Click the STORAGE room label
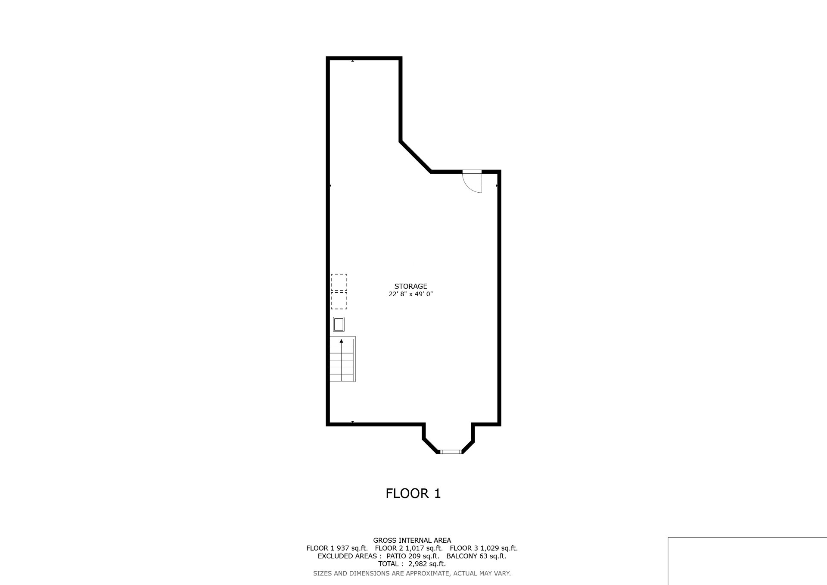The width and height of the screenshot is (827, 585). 410,286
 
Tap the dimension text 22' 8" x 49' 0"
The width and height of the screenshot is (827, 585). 410,294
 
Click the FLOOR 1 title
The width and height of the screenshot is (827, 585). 413,493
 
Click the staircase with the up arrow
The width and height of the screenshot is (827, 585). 342,359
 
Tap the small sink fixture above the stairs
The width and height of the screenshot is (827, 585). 339,324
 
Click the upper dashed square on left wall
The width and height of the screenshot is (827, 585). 339,282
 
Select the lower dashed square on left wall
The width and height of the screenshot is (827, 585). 339,300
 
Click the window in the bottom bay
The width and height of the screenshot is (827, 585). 451,452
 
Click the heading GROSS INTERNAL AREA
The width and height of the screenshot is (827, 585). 412,540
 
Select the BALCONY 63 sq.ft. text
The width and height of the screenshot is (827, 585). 476,556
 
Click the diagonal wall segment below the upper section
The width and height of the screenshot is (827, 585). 416,156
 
